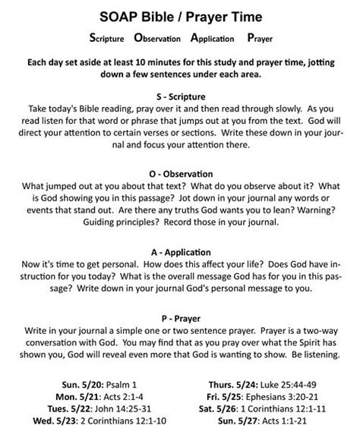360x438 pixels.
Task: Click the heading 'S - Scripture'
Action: (x=180, y=96)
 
